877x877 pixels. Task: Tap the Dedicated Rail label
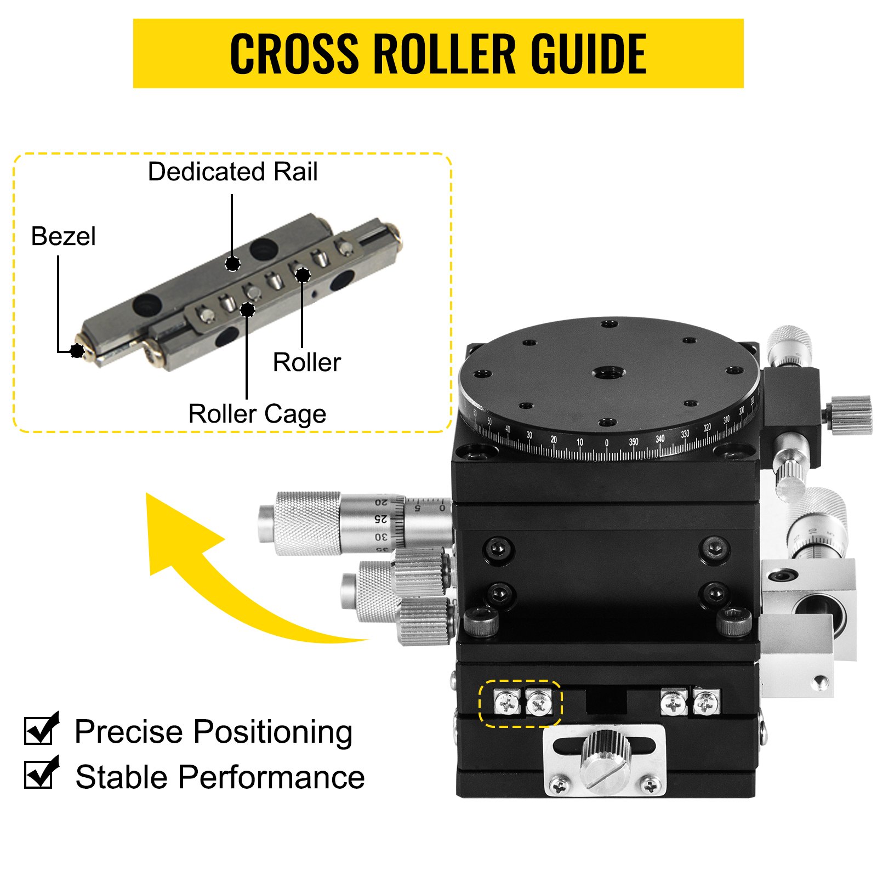pos(232,172)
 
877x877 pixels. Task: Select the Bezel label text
pos(63,236)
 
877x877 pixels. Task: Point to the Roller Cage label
pos(257,414)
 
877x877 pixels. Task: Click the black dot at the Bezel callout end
pos(77,350)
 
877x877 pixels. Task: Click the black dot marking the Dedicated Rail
pos(232,264)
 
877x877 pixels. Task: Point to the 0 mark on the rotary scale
pos(606,442)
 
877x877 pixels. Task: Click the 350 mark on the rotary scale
pos(633,441)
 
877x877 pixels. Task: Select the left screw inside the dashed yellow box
pos(506,702)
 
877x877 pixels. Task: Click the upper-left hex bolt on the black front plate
pos(499,549)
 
